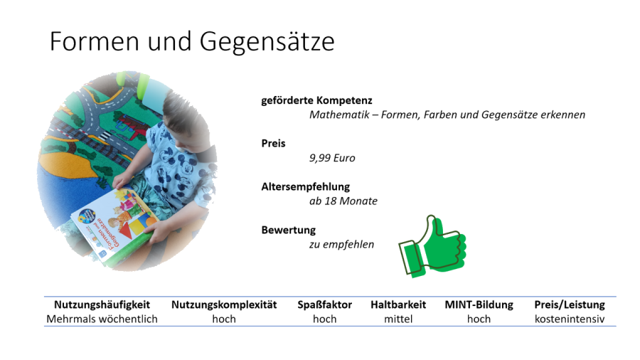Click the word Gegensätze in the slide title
point(267,43)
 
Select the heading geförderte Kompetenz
point(316,101)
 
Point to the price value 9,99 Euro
point(331,158)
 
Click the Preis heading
point(273,144)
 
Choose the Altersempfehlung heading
point(306,187)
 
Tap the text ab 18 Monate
point(343,201)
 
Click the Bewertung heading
point(288,231)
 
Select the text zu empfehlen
point(341,245)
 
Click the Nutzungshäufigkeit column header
point(102,305)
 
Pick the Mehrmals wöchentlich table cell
point(102,319)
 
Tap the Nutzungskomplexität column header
point(224,305)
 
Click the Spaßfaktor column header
point(324,305)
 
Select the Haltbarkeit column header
point(398,305)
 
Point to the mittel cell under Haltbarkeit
point(398,319)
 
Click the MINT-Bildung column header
point(479,305)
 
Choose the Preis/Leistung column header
point(570,305)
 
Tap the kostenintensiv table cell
point(570,319)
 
